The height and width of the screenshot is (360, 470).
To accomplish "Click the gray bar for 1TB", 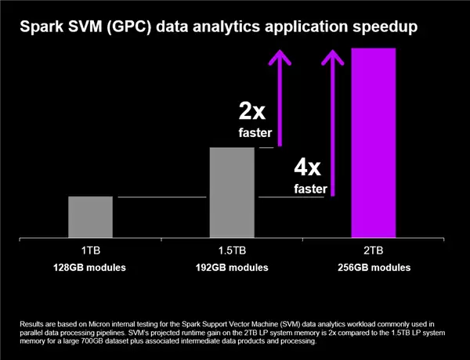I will (90, 217).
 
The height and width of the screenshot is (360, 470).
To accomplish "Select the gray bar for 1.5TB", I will (232, 192).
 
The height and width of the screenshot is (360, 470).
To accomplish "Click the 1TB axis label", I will (90, 251).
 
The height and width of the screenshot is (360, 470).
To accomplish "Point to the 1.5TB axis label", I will (232, 251).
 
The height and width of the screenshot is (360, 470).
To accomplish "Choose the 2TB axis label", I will (373, 251).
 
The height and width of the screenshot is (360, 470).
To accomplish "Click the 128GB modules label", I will (90, 268).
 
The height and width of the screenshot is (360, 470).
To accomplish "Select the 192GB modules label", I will (232, 268).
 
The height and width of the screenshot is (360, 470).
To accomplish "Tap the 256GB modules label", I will (374, 268).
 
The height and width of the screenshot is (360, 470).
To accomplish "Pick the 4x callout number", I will (307, 167).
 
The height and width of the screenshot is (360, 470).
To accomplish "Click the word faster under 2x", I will (255, 133).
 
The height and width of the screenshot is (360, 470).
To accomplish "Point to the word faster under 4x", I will (310, 189).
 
